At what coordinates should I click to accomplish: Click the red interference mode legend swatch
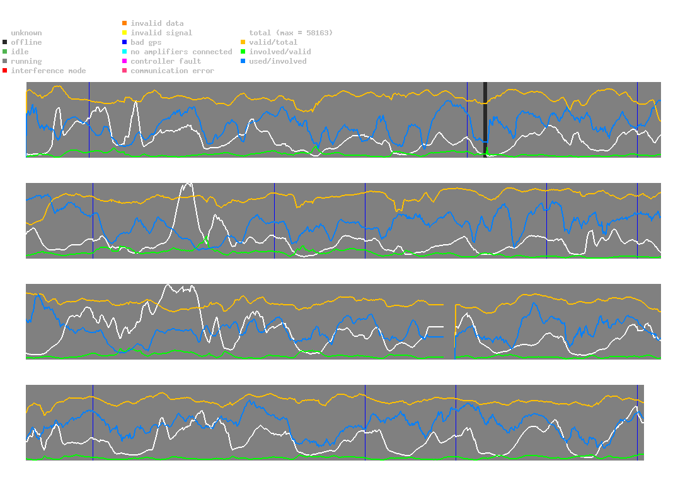click(x=5, y=71)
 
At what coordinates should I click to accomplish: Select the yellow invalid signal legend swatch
click(x=125, y=33)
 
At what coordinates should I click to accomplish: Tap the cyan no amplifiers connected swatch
click(x=125, y=52)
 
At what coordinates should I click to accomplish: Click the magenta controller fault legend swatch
click(x=125, y=61)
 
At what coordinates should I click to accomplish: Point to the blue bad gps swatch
click(x=125, y=42)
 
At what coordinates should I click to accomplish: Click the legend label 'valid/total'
click(x=273, y=42)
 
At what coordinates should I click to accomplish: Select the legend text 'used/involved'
click(x=277, y=61)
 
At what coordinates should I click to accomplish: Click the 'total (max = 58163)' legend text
click(x=290, y=33)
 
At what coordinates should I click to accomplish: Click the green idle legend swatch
click(x=5, y=52)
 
